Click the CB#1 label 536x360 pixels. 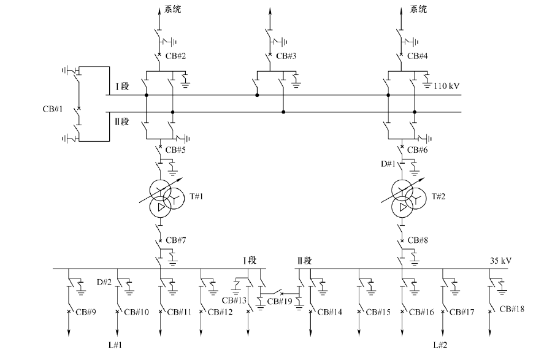(x=50, y=110)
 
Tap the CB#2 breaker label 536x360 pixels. (x=175, y=56)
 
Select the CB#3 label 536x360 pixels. (x=286, y=56)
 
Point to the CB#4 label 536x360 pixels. (x=416, y=56)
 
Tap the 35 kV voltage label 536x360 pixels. (x=500, y=261)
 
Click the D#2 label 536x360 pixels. (x=103, y=282)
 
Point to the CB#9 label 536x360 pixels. (x=85, y=312)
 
